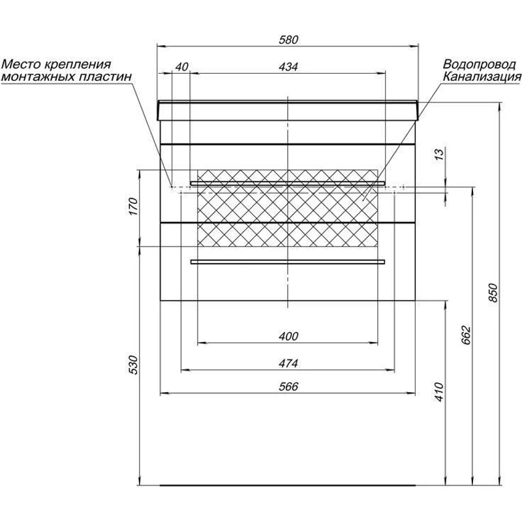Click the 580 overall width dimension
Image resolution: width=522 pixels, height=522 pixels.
pyautogui.click(x=288, y=40)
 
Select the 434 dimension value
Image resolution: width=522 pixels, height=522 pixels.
pyautogui.click(x=288, y=67)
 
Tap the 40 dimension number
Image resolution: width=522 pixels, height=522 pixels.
pyautogui.click(x=181, y=67)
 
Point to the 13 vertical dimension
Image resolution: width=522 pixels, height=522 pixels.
pyautogui.click(x=439, y=155)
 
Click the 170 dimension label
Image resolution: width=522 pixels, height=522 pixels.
pyautogui.click(x=132, y=207)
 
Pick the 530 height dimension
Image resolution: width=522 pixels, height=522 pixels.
pyautogui.click(x=132, y=366)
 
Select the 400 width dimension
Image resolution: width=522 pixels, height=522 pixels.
pyautogui.click(x=288, y=337)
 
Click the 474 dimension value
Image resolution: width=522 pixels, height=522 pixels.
pyautogui.click(x=288, y=363)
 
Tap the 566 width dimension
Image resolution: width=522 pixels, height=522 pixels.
pyautogui.click(x=288, y=387)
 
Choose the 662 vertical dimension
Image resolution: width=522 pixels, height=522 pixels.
pyautogui.click(x=466, y=335)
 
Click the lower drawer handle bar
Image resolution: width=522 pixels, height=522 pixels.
pyautogui.click(x=288, y=262)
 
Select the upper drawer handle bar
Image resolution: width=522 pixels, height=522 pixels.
pyautogui.click(x=288, y=181)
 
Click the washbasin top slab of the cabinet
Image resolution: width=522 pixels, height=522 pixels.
pyautogui.click(x=288, y=110)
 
